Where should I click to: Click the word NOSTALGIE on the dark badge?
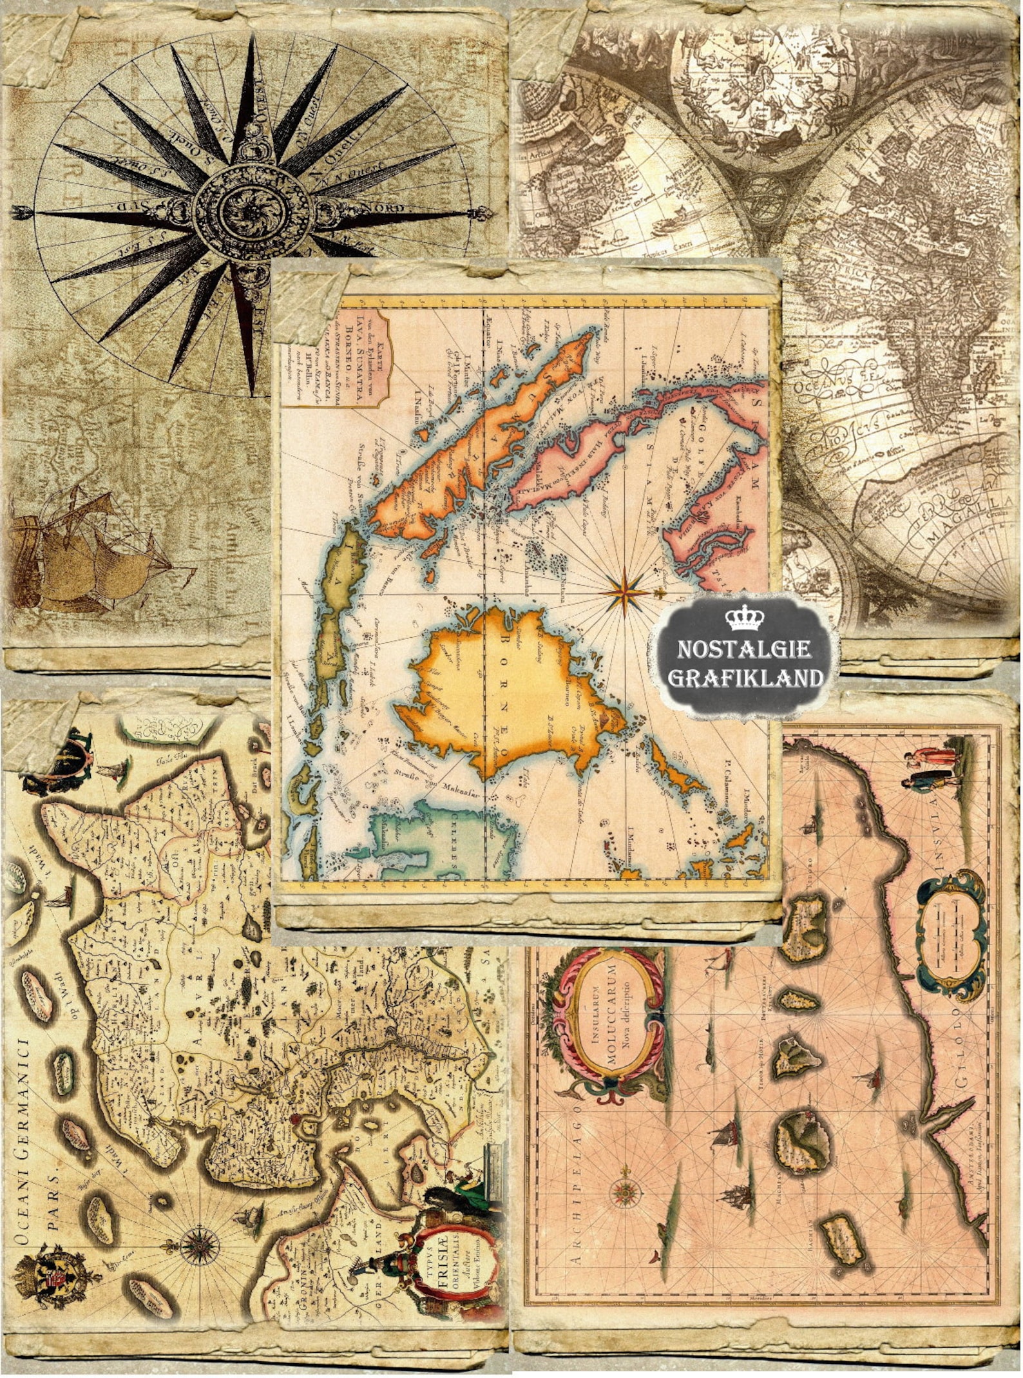click(744, 649)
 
